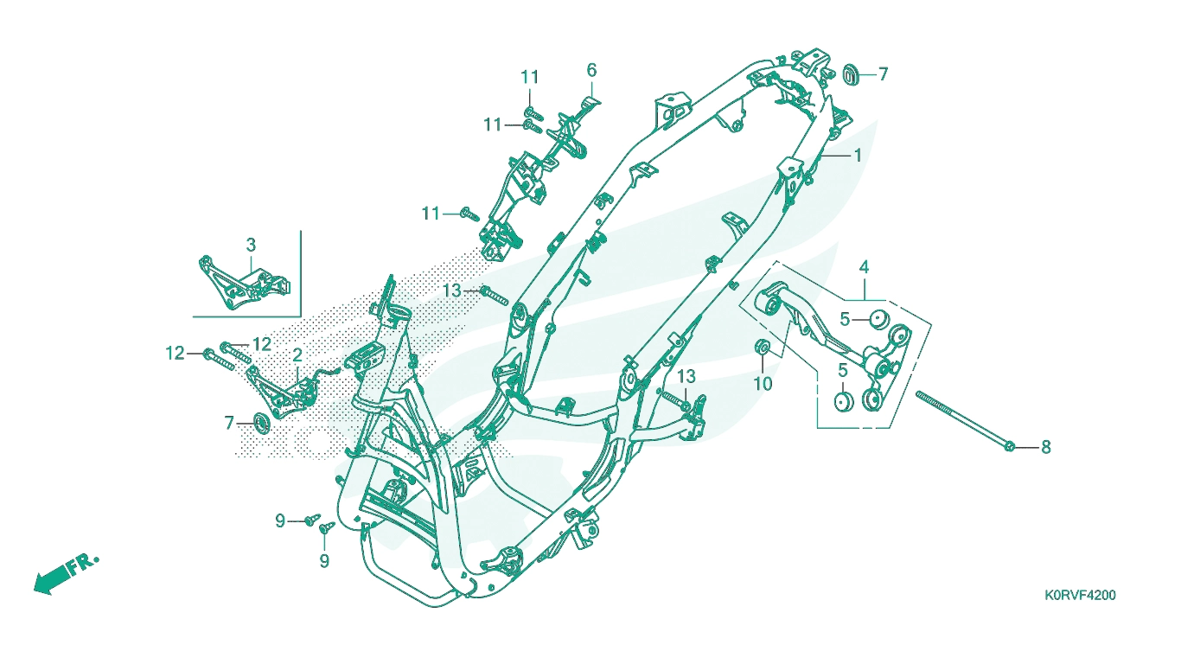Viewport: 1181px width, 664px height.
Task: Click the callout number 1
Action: (858, 155)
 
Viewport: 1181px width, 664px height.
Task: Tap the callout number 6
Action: (591, 70)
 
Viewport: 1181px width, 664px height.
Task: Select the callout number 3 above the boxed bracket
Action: (251, 245)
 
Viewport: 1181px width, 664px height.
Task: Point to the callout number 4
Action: (864, 267)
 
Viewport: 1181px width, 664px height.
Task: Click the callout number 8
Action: (1045, 447)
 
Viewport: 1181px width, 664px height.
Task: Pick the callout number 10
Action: (763, 383)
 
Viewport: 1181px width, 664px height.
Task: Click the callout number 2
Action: (297, 355)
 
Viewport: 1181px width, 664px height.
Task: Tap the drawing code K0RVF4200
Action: (1081, 596)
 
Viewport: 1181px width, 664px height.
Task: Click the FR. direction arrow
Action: (53, 579)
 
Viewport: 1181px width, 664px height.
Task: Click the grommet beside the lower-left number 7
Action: (262, 424)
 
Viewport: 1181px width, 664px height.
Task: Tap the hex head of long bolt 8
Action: (1009, 447)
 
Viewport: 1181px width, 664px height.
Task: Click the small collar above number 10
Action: (763, 348)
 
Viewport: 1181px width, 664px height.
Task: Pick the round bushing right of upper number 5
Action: (879, 319)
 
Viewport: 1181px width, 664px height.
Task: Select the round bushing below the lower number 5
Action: (844, 402)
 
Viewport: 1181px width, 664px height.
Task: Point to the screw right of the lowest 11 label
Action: (469, 214)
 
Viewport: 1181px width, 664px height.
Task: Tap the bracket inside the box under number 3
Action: (244, 283)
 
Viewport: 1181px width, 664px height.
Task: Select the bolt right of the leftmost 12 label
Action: (218, 359)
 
